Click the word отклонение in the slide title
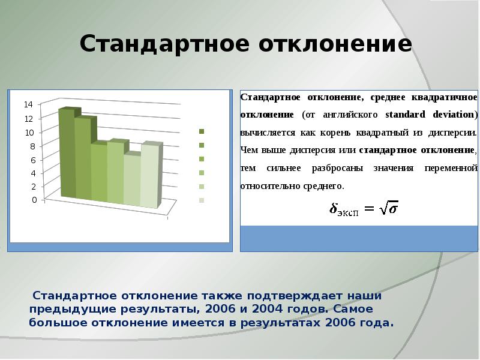click(x=335, y=44)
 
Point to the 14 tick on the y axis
click(x=28, y=104)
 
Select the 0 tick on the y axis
click(x=35, y=200)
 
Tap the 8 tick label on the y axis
click(x=35, y=146)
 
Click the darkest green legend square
click(x=202, y=131)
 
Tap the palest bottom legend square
click(x=202, y=200)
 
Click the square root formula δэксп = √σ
click(x=364, y=208)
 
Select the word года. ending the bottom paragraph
click(x=377, y=322)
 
